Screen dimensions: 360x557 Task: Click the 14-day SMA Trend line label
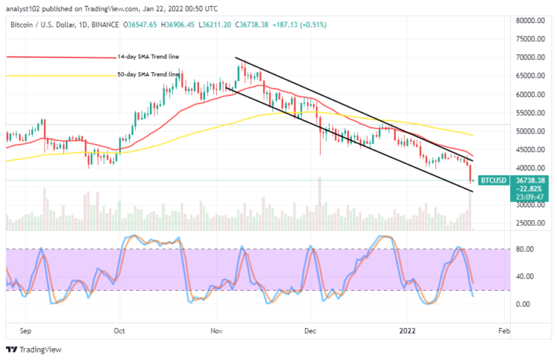pos(148,56)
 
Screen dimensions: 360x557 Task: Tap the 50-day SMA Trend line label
pos(148,74)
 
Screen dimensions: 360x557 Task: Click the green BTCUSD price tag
pos(492,180)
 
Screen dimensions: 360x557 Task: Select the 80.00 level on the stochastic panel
pos(525,249)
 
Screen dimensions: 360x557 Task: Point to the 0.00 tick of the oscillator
pos(523,304)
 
